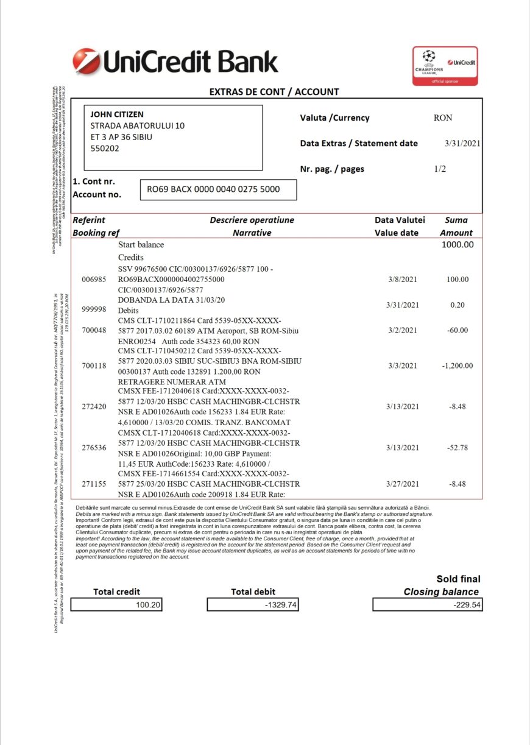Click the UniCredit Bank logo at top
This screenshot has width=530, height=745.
click(x=175, y=62)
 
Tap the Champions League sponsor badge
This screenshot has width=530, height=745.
click(x=445, y=66)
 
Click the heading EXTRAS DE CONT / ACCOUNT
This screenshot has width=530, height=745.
click(x=274, y=92)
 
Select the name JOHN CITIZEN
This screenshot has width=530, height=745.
click(x=117, y=114)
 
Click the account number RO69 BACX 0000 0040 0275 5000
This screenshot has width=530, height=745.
click(x=213, y=189)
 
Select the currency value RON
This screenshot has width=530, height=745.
click(x=443, y=118)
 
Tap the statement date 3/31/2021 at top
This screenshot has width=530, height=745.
click(x=463, y=144)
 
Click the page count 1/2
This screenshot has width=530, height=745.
click(x=440, y=169)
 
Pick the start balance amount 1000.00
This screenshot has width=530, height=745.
click(x=458, y=244)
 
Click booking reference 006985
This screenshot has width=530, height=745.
click(x=94, y=280)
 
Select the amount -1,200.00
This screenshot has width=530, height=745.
click(x=457, y=365)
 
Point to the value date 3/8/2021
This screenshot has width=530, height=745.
click(x=403, y=280)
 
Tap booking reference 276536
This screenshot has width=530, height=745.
click(x=94, y=448)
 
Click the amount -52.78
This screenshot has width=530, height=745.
click(x=458, y=448)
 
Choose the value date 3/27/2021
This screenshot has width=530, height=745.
click(x=403, y=484)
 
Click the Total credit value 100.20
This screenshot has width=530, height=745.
click(x=148, y=605)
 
